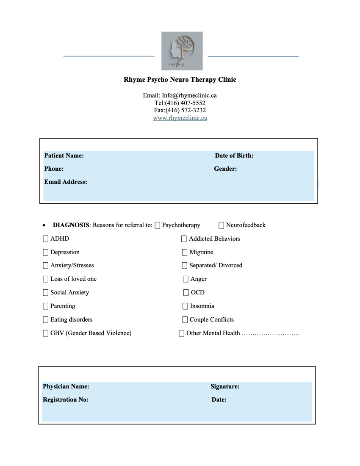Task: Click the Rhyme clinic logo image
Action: point(182,51)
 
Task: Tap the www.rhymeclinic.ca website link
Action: point(180,118)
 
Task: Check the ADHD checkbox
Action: point(46,239)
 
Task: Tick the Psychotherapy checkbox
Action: point(158,225)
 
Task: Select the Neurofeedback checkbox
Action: point(222,225)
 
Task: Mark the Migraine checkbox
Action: point(185,252)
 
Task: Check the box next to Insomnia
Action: point(185,306)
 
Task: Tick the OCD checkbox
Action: point(186,293)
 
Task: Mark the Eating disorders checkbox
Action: point(46,320)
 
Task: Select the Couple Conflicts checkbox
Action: point(185,320)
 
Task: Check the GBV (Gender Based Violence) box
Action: point(46,333)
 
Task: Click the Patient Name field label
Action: point(64,155)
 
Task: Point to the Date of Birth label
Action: point(234,155)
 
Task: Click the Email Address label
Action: point(66,182)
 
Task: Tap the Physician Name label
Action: point(66,386)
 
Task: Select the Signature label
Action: point(225,386)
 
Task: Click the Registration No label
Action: point(66,399)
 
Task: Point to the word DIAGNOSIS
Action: point(71,225)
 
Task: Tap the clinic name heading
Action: point(180,79)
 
